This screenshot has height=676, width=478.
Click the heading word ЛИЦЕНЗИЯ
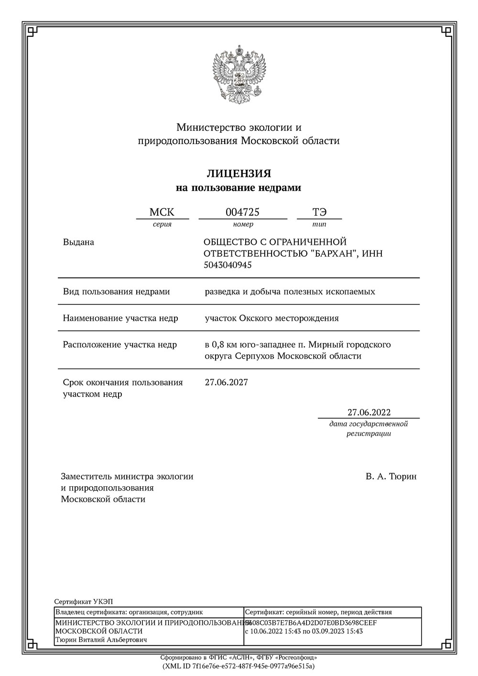tap(239, 173)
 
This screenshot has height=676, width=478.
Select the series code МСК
tap(162, 212)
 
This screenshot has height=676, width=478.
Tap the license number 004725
tap(242, 212)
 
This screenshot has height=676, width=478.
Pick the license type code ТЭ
tap(319, 212)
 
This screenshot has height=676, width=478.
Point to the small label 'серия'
tap(162, 224)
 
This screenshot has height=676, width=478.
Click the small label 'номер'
tap(243, 224)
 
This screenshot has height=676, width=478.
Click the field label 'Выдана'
tap(78, 242)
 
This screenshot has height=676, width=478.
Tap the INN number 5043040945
tap(228, 265)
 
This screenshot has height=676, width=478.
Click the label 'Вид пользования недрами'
tap(116, 292)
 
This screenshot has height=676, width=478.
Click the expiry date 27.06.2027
tap(226, 382)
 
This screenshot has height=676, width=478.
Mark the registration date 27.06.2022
tap(369, 413)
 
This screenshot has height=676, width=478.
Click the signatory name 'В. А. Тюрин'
tap(391, 477)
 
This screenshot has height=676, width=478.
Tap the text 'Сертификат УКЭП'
tap(84, 601)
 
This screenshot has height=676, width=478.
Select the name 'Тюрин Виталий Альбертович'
tap(101, 640)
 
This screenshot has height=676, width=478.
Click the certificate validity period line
tap(304, 632)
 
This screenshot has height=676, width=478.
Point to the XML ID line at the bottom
tap(239, 666)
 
